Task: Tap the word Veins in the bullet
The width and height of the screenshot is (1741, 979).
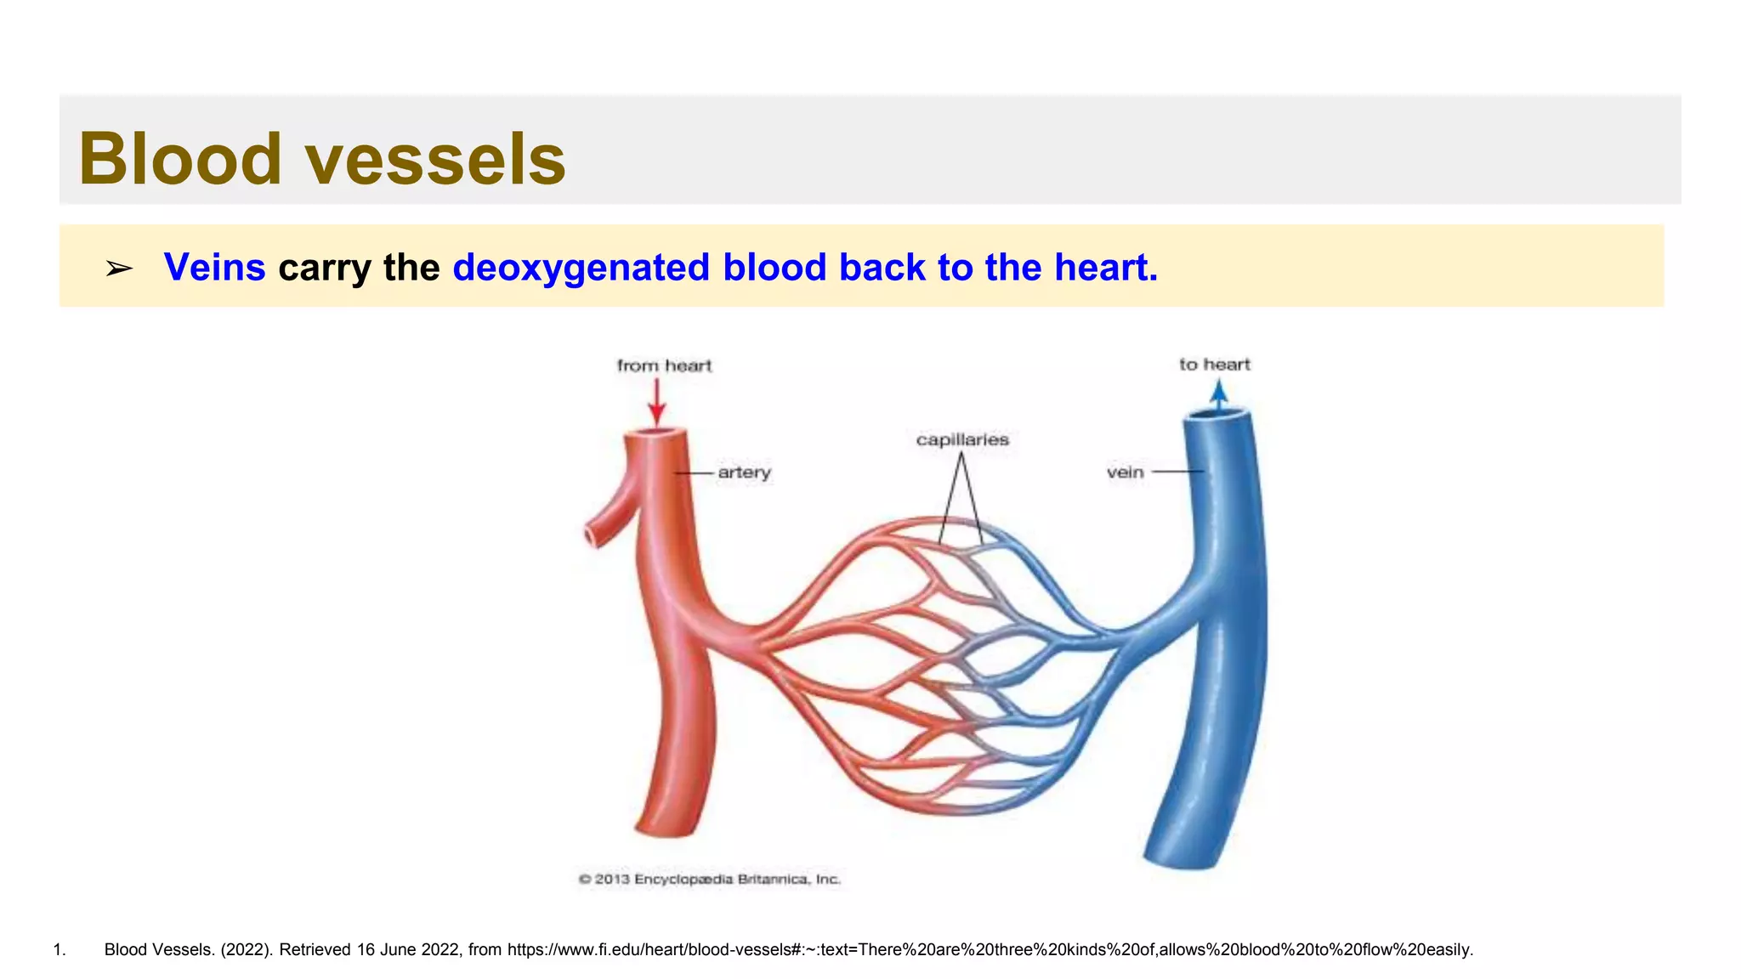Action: (214, 267)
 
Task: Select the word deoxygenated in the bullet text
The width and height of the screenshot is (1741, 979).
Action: (581, 267)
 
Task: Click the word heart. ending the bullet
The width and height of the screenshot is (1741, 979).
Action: (1105, 267)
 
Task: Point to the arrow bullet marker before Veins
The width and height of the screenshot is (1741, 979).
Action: (119, 269)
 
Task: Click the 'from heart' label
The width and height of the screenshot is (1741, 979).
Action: (664, 365)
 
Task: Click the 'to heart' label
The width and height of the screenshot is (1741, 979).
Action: (1214, 365)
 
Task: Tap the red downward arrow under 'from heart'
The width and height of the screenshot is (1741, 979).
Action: (656, 404)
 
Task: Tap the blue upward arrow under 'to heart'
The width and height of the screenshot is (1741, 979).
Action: (1219, 396)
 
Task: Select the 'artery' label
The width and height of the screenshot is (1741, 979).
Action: (744, 473)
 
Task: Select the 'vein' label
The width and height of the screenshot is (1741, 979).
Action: (1125, 473)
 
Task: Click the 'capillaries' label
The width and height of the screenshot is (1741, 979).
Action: (962, 439)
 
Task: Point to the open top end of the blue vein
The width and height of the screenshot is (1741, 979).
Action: (1218, 415)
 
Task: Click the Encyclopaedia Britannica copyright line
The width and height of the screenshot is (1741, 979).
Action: (709, 879)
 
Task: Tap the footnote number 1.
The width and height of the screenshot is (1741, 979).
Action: (59, 950)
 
